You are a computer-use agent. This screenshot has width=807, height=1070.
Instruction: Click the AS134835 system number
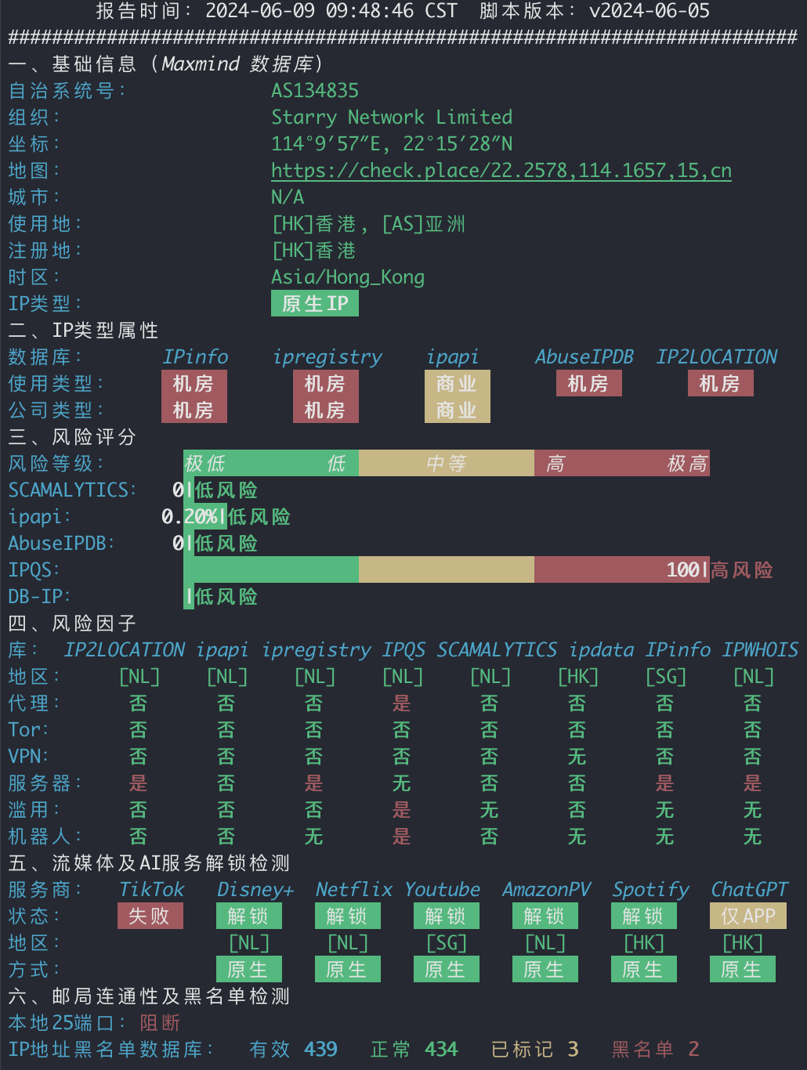tap(315, 91)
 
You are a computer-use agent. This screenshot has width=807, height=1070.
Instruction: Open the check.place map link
tap(501, 171)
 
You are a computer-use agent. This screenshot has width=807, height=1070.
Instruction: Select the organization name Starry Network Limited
tap(392, 117)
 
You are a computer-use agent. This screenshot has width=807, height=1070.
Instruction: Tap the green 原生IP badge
tap(315, 303)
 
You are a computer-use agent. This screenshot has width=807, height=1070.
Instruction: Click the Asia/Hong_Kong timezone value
tap(348, 277)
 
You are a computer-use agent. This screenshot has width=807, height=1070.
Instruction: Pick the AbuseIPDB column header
tap(584, 357)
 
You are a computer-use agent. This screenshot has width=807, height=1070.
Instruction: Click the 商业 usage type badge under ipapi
tap(458, 383)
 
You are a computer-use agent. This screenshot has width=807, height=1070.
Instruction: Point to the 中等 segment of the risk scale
tap(447, 463)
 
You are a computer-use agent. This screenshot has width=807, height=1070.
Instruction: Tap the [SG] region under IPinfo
tap(666, 677)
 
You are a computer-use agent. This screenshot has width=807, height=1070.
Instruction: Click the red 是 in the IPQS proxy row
tap(402, 703)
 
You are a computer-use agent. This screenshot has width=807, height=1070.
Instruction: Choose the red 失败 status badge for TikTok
tap(150, 916)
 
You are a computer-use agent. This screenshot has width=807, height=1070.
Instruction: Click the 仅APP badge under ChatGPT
tap(748, 916)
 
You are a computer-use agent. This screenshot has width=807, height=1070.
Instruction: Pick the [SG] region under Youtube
tap(447, 943)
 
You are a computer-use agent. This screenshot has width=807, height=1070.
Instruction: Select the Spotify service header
tap(651, 890)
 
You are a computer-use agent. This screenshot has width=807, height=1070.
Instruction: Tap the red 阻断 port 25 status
tap(161, 1023)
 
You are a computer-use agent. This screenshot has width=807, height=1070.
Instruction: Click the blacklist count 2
tap(694, 1049)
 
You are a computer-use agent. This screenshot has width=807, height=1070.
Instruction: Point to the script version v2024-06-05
tap(650, 11)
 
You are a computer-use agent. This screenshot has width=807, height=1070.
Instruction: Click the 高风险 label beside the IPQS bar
tap(742, 569)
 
